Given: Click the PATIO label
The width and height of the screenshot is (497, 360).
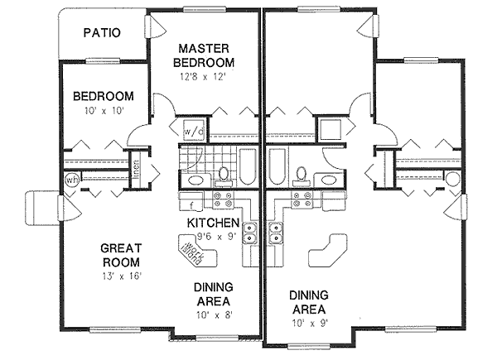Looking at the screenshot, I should (x=103, y=34).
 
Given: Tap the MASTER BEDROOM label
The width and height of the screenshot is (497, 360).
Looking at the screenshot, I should (x=205, y=55).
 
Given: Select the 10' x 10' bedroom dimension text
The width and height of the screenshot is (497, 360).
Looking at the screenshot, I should (x=104, y=110).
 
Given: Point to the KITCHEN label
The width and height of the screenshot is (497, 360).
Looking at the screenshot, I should (x=213, y=223).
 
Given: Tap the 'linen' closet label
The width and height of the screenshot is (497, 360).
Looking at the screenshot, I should (x=135, y=166).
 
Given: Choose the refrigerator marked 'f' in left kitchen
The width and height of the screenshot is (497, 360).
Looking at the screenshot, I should (x=191, y=202).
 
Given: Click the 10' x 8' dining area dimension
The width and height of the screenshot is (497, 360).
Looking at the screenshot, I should (x=212, y=315).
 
